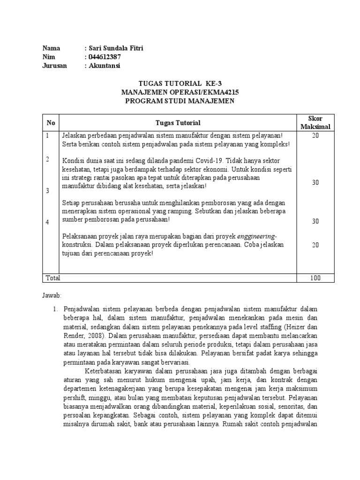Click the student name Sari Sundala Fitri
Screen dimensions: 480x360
tap(114, 48)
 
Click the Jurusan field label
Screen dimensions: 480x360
tap(54, 66)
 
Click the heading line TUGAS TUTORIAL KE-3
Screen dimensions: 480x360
tap(179, 84)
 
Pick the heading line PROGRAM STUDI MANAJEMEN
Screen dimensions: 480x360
tap(179, 101)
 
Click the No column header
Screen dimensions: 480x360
tap(51, 123)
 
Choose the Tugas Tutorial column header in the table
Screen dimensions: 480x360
tap(178, 123)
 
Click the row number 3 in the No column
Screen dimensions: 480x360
tap(47, 191)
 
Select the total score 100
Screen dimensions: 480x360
tap(315, 278)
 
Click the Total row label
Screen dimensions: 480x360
tap(52, 278)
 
